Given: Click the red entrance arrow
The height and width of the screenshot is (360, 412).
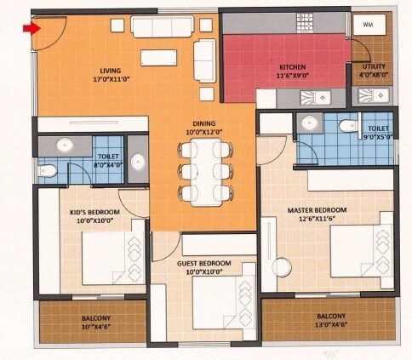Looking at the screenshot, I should coord(31,29).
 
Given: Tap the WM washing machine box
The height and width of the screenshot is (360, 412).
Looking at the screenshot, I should coord(368,26).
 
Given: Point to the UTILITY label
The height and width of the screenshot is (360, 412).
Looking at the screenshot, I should coord(374,66).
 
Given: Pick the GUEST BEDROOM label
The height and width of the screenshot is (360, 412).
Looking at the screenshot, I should coord(203,264).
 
